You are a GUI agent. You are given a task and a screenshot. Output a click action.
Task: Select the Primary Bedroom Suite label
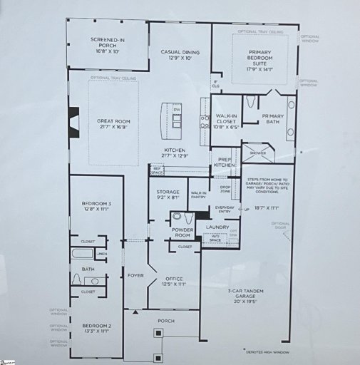[260, 61]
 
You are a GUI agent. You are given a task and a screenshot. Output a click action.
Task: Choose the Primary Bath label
[272, 119]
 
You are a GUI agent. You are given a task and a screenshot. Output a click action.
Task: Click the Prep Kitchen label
[224, 162]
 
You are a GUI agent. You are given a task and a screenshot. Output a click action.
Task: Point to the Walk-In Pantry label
[198, 193]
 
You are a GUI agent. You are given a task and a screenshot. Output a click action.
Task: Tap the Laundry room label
[217, 227]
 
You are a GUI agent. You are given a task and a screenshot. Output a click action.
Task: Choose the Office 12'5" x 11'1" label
[175, 281]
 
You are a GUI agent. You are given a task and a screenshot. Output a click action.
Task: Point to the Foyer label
[135, 275]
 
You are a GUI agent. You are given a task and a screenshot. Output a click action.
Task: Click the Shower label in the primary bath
[257, 152]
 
